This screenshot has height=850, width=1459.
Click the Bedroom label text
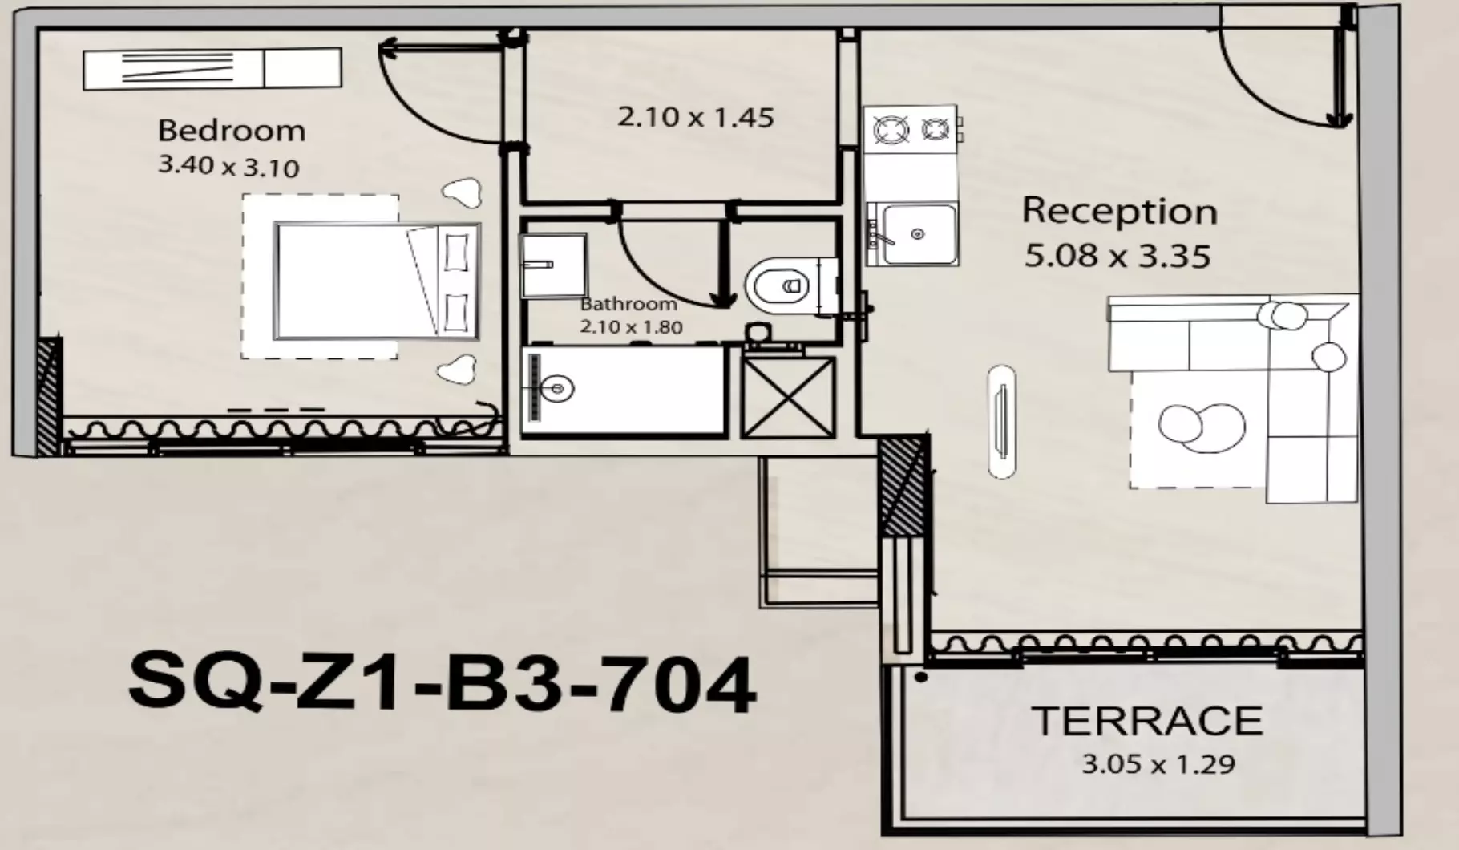(231, 131)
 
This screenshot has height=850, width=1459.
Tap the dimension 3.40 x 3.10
(228, 166)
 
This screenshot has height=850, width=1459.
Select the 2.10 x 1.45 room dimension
(695, 118)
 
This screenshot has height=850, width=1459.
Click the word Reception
(1119, 212)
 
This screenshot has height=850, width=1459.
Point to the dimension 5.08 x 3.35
(1117, 257)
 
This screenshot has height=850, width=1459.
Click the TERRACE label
(1146, 721)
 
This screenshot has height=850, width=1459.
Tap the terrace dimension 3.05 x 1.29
(1158, 763)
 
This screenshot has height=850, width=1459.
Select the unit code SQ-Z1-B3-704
(442, 683)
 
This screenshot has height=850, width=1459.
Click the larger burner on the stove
(891, 129)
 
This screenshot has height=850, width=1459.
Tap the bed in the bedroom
(377, 281)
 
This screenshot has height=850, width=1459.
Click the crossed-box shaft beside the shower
(788, 398)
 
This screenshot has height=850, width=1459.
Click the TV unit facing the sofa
(1001, 422)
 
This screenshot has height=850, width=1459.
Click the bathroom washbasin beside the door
(552, 265)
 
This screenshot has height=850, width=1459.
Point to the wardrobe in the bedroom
(212, 69)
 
